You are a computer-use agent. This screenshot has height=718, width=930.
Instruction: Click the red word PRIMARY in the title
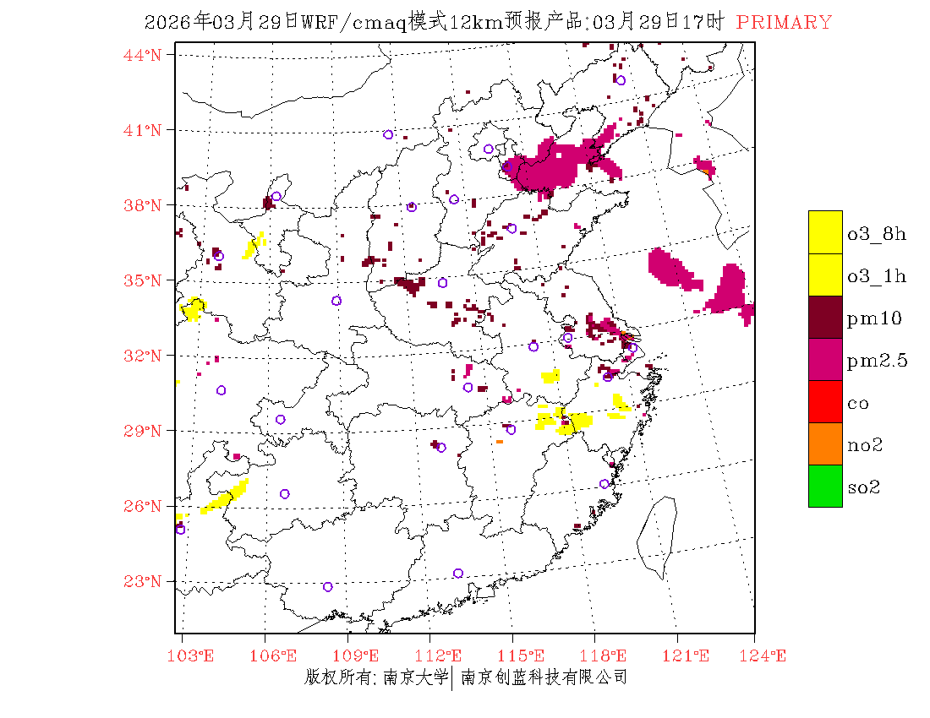click(784, 23)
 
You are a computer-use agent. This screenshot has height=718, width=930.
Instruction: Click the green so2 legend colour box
click(825, 486)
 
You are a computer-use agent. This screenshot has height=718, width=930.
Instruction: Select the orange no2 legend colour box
click(825, 443)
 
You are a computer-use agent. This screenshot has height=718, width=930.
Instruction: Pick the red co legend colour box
click(825, 401)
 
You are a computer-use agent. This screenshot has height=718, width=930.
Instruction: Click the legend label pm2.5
click(877, 361)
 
